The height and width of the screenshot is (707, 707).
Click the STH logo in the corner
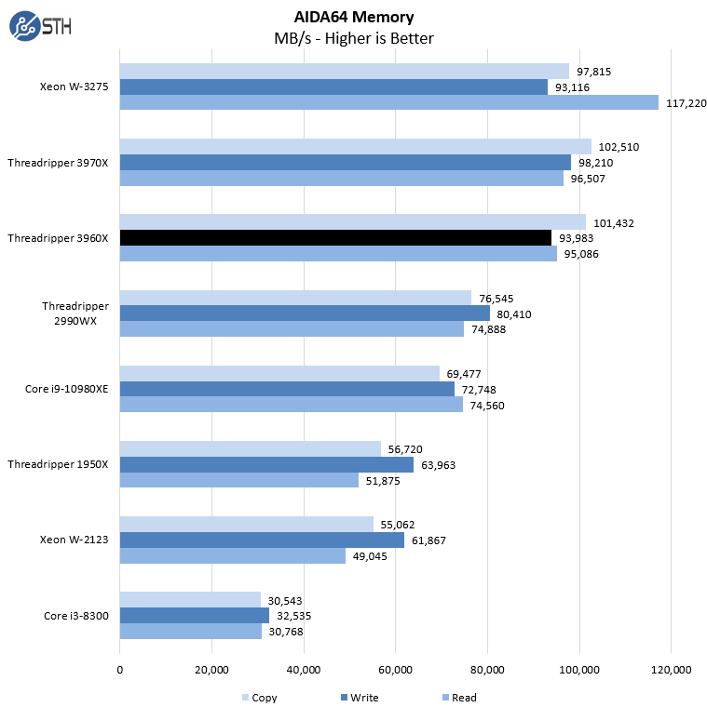point(39,26)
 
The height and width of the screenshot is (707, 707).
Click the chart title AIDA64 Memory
point(353,17)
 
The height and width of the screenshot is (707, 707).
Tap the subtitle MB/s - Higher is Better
point(353,38)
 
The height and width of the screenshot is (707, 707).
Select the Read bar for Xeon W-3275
point(388,102)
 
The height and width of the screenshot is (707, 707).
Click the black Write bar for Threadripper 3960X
point(335,237)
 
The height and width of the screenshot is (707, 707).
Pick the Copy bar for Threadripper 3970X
point(355,146)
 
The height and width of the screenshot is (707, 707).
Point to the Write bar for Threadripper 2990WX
point(305,313)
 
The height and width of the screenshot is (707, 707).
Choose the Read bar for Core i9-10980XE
point(291,404)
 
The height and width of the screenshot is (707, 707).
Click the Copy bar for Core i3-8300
point(190,599)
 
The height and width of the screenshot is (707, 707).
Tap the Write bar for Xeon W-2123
point(262,540)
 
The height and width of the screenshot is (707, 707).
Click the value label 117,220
point(687,102)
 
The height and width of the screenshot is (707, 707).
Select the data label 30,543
point(285,599)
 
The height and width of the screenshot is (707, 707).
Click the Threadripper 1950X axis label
point(58,464)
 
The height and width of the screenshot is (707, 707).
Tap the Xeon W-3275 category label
point(75,87)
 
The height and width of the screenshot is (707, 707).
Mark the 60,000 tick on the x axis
point(396,670)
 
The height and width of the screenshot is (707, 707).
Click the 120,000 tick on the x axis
point(672,670)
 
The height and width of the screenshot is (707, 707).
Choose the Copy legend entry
point(259,698)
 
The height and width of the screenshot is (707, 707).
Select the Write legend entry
point(359,698)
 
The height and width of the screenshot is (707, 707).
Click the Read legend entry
point(457,698)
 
